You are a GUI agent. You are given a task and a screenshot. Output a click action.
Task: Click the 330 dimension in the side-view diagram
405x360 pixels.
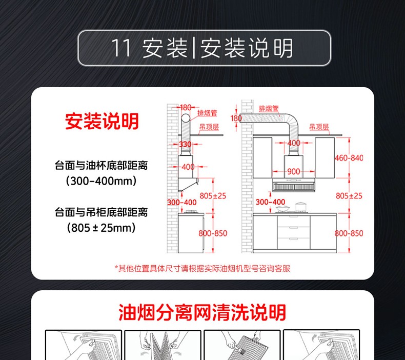tap(186, 144)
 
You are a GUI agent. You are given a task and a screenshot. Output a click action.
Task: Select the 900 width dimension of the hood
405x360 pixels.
tap(293, 171)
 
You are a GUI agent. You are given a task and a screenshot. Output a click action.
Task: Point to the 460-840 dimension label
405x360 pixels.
tap(349, 157)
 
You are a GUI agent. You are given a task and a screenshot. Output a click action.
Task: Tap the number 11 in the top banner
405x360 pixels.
tap(121, 48)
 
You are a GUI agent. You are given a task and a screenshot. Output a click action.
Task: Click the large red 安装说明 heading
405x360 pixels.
tap(102, 121)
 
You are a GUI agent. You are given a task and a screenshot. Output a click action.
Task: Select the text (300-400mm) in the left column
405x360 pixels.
tap(102, 181)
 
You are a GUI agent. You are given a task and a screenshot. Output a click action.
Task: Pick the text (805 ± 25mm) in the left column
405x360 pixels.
tap(102, 228)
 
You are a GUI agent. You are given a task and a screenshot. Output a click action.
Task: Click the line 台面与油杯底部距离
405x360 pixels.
tap(102, 166)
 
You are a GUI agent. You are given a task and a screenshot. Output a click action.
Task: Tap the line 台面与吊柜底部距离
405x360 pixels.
tap(102, 212)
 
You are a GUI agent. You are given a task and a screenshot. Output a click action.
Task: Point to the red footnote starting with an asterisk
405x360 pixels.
tap(202, 269)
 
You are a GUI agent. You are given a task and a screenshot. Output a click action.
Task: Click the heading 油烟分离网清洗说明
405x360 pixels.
tap(202, 312)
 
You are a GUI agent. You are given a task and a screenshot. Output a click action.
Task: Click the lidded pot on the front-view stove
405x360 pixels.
tap(301, 207)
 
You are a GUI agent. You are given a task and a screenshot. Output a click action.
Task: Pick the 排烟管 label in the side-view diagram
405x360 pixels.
tap(208, 113)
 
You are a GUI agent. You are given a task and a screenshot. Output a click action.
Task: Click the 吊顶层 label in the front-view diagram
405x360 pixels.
tap(319, 127)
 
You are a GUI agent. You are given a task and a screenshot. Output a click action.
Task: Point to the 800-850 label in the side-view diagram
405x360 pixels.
tap(213, 233)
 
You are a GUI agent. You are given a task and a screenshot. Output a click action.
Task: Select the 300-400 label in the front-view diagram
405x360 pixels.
tap(271, 202)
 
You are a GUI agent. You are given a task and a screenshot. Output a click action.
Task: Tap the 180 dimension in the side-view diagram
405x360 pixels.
tap(186, 107)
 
